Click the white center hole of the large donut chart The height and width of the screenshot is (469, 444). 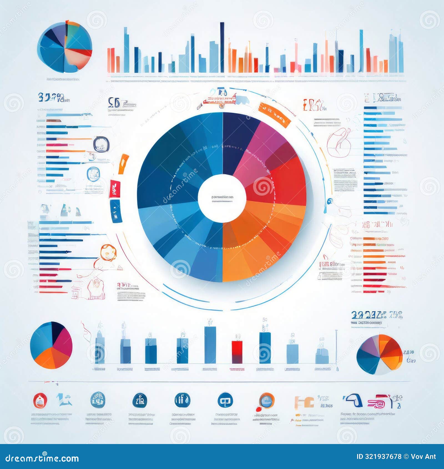point(222,198)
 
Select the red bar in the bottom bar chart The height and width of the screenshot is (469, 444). point(237,352)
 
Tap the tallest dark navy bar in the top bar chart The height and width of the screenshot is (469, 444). point(222,47)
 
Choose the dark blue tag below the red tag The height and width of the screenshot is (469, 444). point(116,211)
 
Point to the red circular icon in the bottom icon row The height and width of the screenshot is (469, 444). point(40,401)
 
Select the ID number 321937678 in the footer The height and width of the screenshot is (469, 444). point(383,457)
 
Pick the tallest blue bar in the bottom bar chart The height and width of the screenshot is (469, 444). point(210,345)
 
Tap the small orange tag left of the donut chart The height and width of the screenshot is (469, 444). point(123,164)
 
